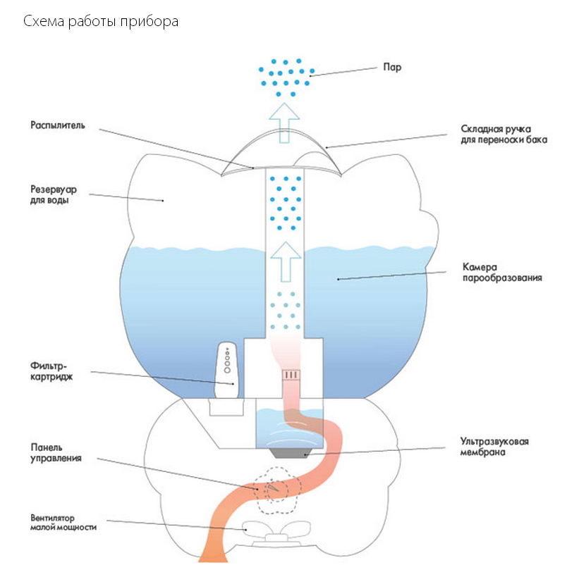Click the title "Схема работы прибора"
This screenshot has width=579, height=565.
pos(101,22)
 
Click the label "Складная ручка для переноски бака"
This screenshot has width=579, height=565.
pos(504,135)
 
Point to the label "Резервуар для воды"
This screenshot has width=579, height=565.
pos(54,194)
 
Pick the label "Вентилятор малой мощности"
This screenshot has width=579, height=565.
pos(63,521)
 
